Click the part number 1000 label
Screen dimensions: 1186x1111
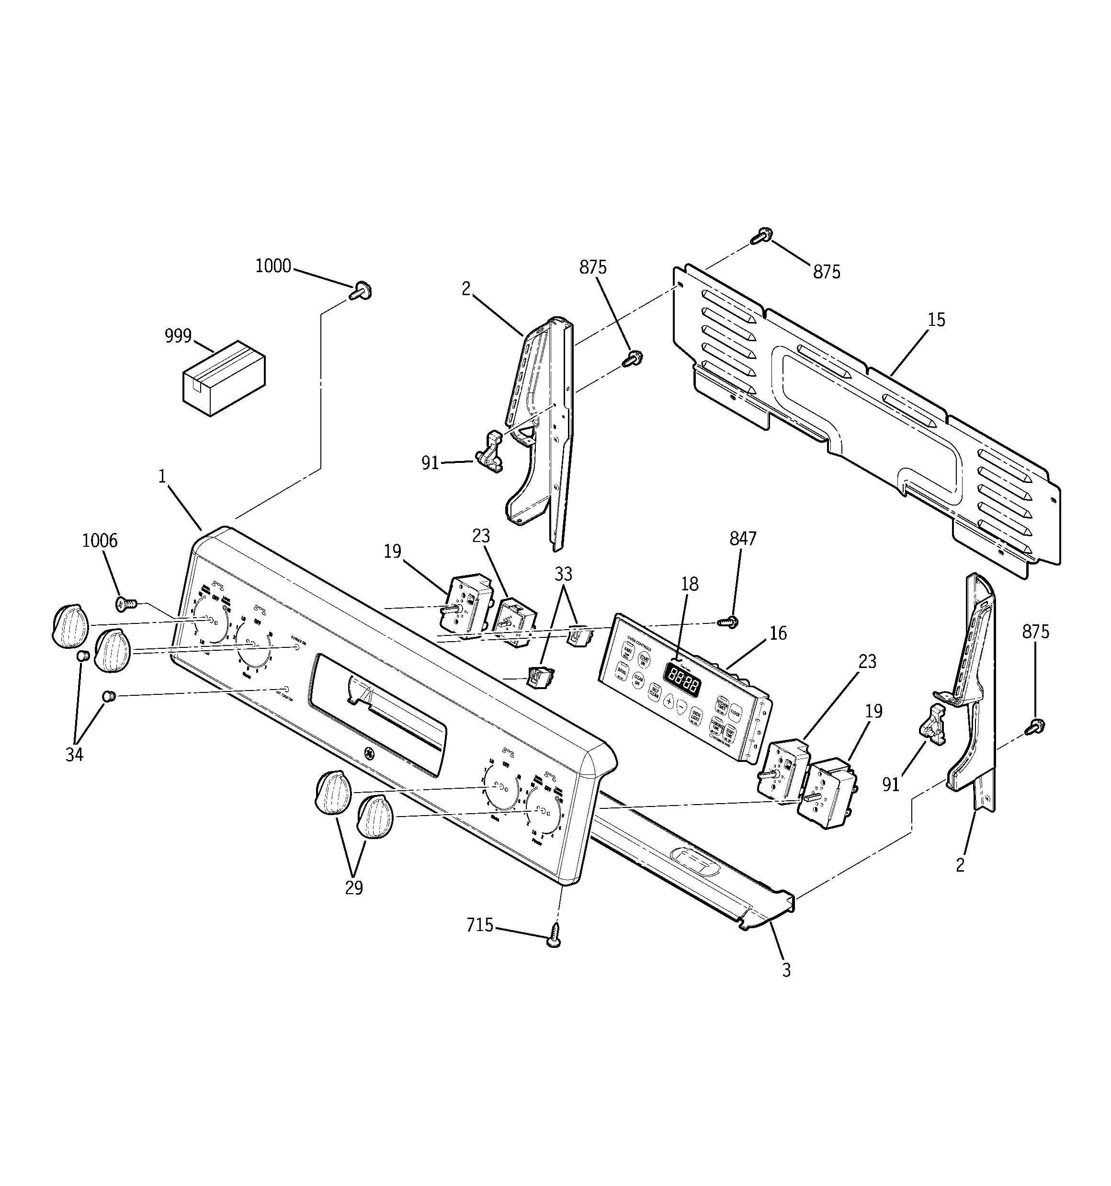click(273, 266)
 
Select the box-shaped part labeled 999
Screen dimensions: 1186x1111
click(224, 378)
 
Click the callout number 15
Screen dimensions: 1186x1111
click(936, 321)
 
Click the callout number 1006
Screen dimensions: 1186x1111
click(100, 541)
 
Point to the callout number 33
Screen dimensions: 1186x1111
click(563, 574)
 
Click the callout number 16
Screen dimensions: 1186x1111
click(778, 633)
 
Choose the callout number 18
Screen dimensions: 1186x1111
click(690, 584)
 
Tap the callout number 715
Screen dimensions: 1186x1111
click(480, 925)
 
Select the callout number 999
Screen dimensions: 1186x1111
click(178, 336)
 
